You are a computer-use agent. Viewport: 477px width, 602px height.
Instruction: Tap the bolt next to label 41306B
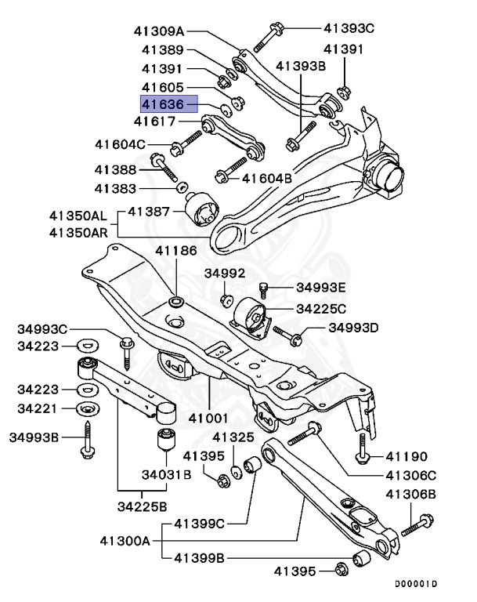click(x=418, y=522)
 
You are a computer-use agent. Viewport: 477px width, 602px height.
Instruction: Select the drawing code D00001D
click(x=416, y=584)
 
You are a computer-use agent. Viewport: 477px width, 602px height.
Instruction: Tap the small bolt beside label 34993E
click(x=264, y=291)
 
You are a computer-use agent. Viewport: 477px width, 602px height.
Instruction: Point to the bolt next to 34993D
click(x=294, y=337)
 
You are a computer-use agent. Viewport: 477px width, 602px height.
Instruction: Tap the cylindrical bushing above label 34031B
click(x=166, y=439)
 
